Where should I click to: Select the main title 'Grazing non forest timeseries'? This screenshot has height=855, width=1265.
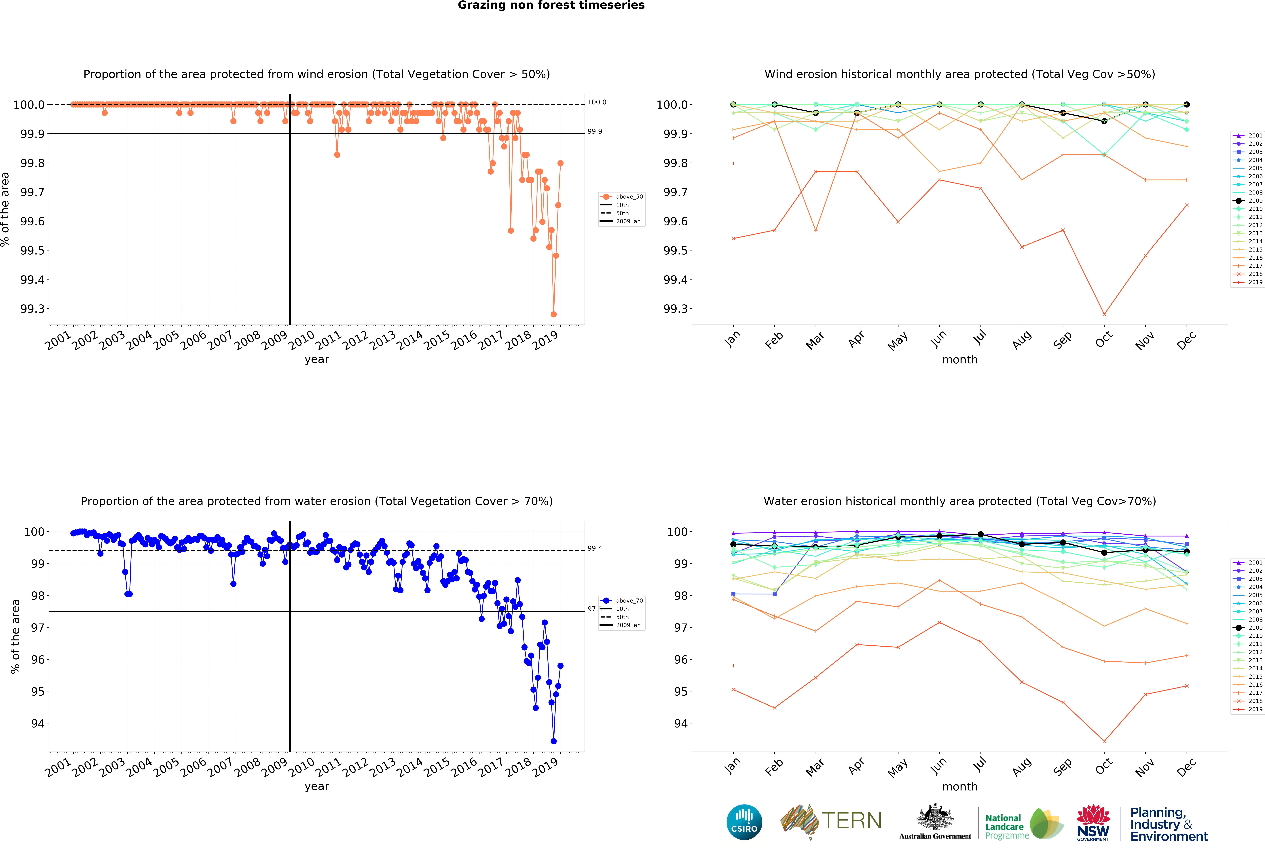pyautogui.click(x=551, y=5)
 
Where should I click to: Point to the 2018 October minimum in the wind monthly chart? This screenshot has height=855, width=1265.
pyautogui.click(x=1104, y=314)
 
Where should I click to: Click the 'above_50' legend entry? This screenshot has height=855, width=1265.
pyautogui.click(x=629, y=197)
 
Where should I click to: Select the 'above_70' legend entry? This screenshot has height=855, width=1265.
pyautogui.click(x=629, y=601)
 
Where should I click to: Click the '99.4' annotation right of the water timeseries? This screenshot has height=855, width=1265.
pyautogui.click(x=594, y=548)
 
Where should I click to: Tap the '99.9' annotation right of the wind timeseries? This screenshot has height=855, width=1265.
pyautogui.click(x=594, y=131)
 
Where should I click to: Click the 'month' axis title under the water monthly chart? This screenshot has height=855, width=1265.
pyautogui.click(x=960, y=786)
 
